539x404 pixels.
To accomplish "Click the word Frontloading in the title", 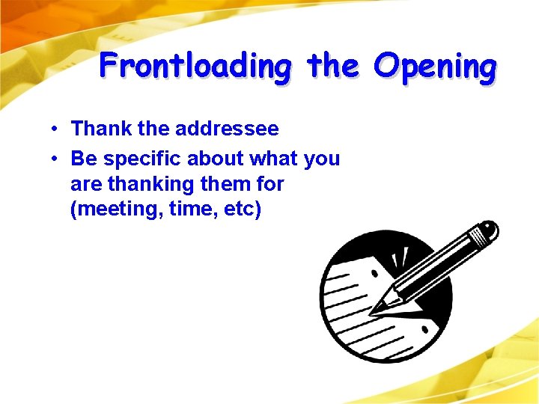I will pyautogui.click(x=195, y=66).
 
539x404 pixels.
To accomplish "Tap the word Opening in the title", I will pyautogui.click(x=434, y=66).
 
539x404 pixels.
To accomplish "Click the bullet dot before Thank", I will pyautogui.click(x=56, y=129).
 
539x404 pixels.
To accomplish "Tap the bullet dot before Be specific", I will pyautogui.click(x=56, y=159).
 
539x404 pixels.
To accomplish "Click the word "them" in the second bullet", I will pyautogui.click(x=229, y=183).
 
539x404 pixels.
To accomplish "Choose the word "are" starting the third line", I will pyautogui.click(x=85, y=184).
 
